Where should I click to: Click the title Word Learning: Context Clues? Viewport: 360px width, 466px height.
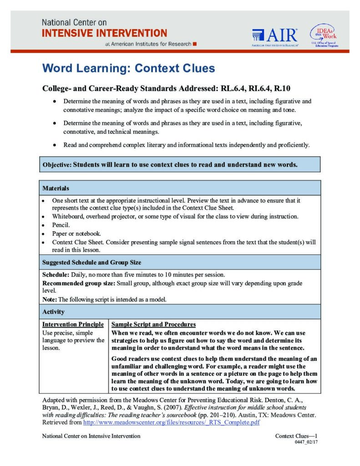click(128, 69)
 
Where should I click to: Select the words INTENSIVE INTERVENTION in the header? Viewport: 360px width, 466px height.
click(104, 33)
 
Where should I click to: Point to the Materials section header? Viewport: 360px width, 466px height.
click(56, 188)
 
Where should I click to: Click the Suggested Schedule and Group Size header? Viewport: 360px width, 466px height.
click(91, 263)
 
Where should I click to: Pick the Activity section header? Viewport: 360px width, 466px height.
click(53, 312)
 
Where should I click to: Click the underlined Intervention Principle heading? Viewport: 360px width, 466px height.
click(73, 324)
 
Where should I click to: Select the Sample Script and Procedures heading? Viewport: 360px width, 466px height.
click(153, 324)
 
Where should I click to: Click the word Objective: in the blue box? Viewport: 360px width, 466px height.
click(57, 165)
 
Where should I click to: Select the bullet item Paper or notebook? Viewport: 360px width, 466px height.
click(76, 233)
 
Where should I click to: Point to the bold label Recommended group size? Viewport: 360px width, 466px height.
click(79, 283)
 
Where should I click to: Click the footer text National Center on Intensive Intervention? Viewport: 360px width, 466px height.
click(91, 436)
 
